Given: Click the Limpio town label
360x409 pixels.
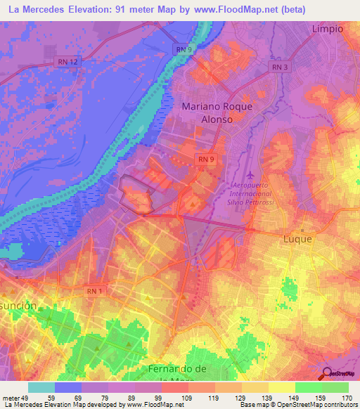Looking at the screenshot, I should (x=327, y=29).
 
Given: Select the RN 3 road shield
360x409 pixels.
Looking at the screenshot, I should (x=280, y=67).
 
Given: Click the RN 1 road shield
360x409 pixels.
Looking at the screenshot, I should (x=96, y=290).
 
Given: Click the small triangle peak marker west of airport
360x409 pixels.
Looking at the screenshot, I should (x=192, y=203).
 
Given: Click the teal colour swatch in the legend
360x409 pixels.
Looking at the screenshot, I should (x=41, y=387).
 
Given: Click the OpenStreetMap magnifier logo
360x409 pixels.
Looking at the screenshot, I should (x=327, y=373).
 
